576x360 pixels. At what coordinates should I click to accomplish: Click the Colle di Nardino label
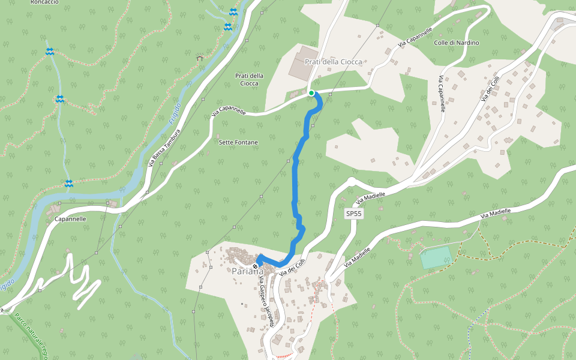[x=457, y=43]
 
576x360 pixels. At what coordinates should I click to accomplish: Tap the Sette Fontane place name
[x=238, y=142]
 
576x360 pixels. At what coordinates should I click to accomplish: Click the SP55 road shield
[x=354, y=213]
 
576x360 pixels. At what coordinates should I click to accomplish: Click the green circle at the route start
[x=311, y=92]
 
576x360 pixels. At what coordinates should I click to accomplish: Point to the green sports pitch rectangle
[x=435, y=257]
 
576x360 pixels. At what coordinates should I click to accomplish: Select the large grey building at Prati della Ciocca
[x=301, y=65]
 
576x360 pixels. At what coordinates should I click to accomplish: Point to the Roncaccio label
[x=44, y=2]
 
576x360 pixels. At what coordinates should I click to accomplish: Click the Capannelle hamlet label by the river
[x=70, y=219]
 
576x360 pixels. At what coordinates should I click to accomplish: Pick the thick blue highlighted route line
[x=295, y=180]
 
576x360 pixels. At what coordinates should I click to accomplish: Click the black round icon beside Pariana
[x=255, y=266]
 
